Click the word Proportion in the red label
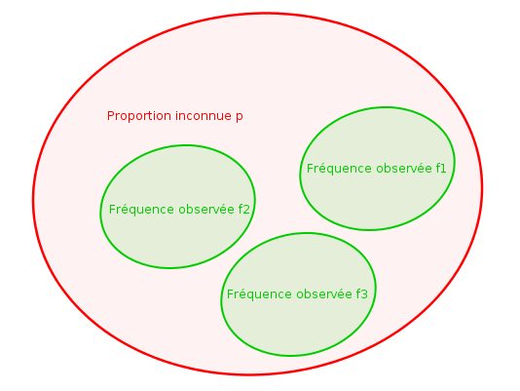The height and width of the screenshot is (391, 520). (139, 116)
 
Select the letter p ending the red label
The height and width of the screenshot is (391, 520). (240, 117)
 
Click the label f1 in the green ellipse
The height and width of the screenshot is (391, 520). (441, 168)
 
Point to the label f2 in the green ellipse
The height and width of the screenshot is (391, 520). (243, 210)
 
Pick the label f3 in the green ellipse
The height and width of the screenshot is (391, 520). (362, 294)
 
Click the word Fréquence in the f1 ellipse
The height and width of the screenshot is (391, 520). (339, 169)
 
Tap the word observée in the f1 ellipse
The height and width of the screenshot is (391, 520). (404, 168)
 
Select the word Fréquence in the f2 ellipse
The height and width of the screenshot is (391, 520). (141, 210)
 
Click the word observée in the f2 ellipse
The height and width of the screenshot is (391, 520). (206, 210)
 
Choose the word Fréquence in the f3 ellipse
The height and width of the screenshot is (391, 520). (260, 294)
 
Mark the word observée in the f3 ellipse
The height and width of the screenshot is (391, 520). (324, 294)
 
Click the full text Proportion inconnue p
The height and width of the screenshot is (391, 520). (175, 117)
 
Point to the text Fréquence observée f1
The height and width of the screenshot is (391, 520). (377, 169)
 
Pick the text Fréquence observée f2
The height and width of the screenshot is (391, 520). (179, 210)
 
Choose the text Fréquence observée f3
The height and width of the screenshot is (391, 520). (297, 294)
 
